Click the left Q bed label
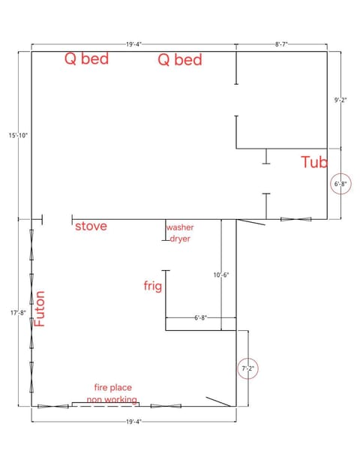(86, 59)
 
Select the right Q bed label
(179, 60)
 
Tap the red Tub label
(314, 161)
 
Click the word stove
(91, 226)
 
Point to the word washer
(180, 227)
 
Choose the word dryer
(180, 239)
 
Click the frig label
(152, 286)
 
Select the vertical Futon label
(40, 308)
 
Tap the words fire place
(112, 387)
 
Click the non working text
(112, 400)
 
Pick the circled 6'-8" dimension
(340, 183)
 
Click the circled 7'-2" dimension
(247, 368)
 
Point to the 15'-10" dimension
(17, 135)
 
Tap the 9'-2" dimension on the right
(340, 100)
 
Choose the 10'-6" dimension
(221, 275)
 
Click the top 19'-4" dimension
(134, 45)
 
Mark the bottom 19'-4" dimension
(134, 422)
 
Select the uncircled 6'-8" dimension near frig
(200, 317)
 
